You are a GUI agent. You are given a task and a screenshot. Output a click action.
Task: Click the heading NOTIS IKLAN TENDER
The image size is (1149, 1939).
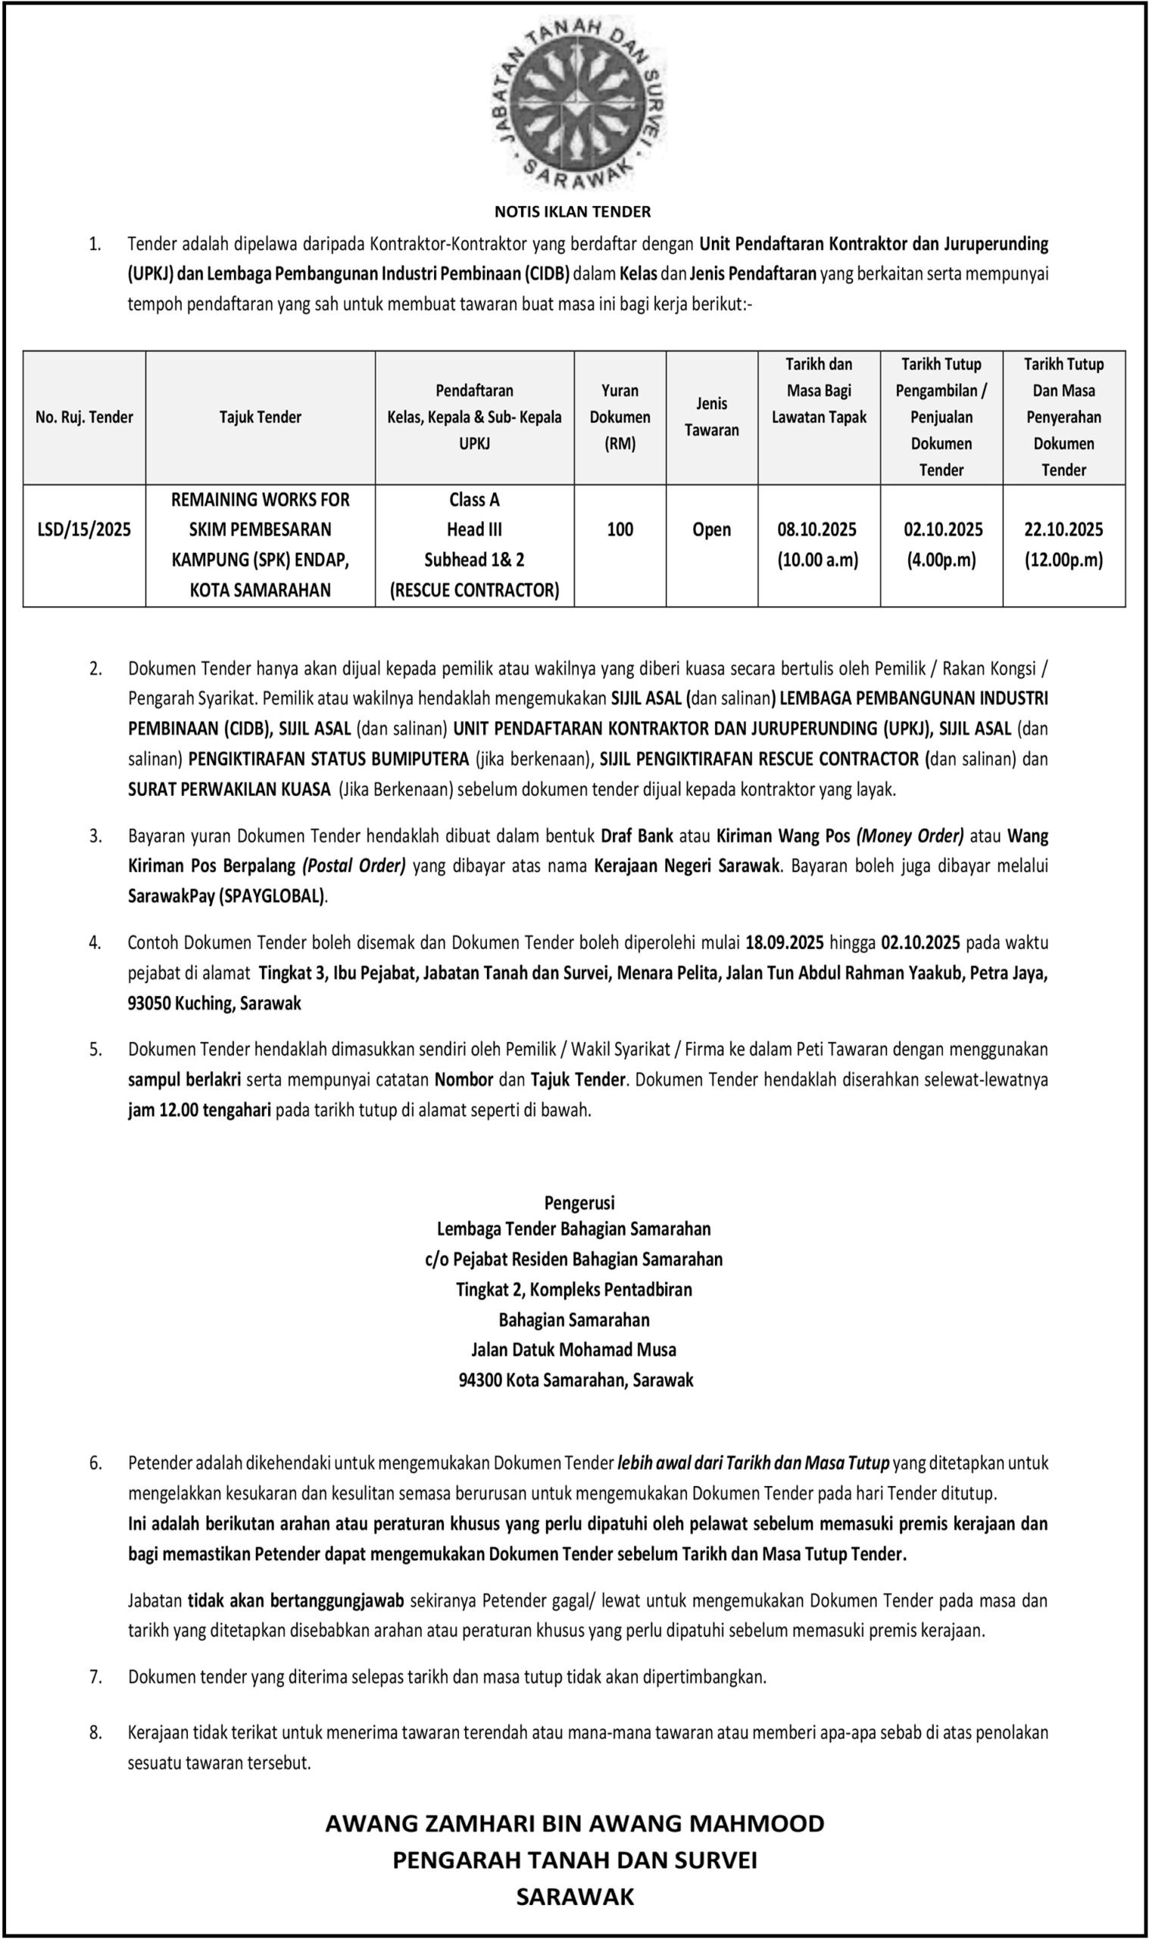[573, 211]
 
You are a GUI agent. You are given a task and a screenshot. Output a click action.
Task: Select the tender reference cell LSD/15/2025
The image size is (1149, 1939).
[84, 529]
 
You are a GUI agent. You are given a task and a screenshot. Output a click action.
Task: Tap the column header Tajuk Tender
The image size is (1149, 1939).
[260, 417]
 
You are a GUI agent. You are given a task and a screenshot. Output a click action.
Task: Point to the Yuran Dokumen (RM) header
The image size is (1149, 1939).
[620, 417]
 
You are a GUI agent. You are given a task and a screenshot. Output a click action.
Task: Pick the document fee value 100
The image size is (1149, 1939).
[620, 529]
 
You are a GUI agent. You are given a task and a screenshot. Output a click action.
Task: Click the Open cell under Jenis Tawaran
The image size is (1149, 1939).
[711, 529]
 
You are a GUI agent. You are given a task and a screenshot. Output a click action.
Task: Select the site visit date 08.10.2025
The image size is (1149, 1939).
[819, 529]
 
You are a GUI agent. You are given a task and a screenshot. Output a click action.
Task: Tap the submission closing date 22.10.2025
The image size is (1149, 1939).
[1063, 529]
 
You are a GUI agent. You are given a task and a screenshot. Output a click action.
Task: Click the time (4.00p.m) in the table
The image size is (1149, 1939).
[941, 560]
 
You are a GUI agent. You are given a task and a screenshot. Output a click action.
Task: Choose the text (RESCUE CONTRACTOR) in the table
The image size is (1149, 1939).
[474, 591]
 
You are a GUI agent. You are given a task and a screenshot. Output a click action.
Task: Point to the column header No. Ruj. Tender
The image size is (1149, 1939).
[84, 417]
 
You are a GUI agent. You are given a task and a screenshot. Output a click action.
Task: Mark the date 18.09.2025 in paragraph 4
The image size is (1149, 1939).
[785, 943]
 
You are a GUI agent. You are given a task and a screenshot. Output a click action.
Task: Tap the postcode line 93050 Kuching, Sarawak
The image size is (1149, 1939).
[214, 1004]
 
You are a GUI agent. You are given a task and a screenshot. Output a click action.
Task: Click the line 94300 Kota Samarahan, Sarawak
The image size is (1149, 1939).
[576, 1380]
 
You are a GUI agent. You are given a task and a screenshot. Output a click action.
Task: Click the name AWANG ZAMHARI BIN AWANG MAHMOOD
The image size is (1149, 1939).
[574, 1823]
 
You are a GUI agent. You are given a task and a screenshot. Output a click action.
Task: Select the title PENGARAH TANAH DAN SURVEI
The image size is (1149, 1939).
[574, 1860]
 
